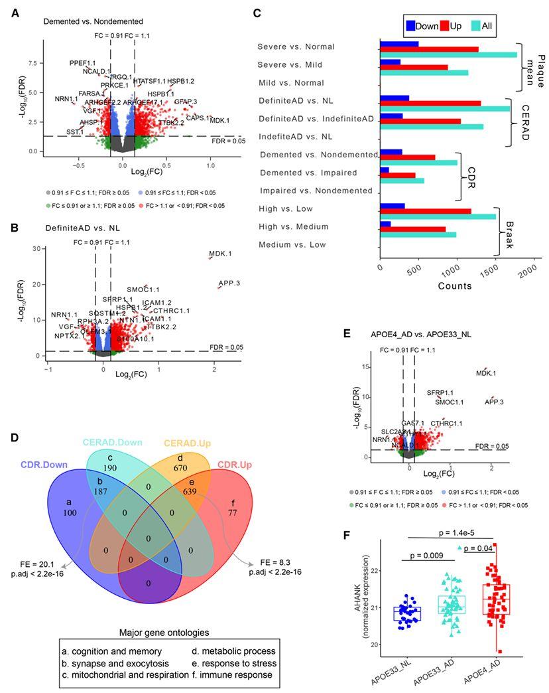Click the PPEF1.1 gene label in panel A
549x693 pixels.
[83, 62]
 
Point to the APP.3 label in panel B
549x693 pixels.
[229, 283]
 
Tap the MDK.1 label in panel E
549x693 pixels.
[486, 374]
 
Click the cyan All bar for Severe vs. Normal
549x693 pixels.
[448, 54]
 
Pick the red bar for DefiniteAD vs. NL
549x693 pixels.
[430, 104]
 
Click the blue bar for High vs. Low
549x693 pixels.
[392, 206]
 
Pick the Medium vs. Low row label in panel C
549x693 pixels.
[292, 245]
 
